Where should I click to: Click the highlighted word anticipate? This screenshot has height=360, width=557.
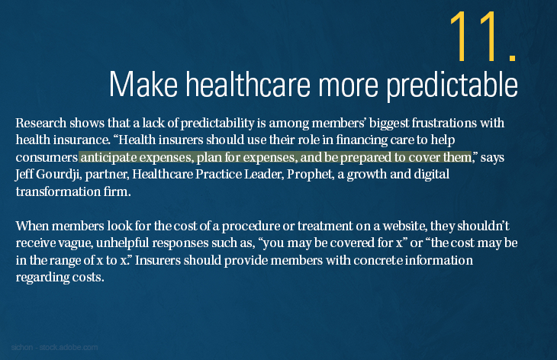pos(110,157)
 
